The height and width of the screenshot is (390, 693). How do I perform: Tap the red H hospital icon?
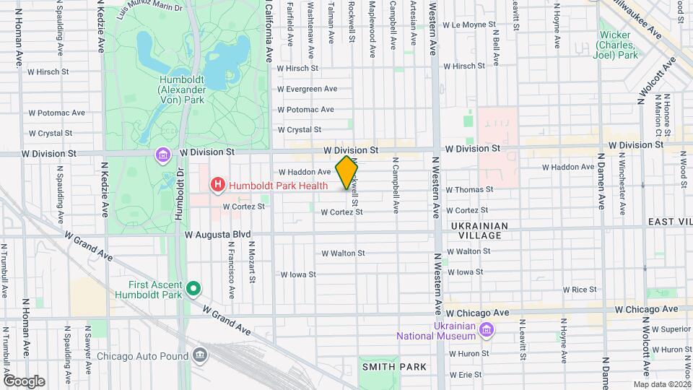[x=217, y=186]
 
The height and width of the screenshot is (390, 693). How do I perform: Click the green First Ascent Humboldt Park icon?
[x=193, y=290]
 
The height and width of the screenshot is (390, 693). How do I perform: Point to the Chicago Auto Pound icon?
[x=200, y=355]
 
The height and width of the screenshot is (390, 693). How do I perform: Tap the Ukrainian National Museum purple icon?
[x=486, y=330]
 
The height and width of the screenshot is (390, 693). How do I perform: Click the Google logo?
[x=24, y=381]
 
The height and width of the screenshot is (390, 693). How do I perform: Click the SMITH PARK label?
[x=394, y=367]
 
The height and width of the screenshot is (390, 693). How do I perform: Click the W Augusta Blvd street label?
[x=217, y=235]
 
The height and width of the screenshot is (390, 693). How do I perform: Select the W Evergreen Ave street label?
[x=308, y=89]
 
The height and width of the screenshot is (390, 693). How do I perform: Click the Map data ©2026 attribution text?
[x=661, y=383]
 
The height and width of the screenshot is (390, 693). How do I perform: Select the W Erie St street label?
[x=466, y=375]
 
